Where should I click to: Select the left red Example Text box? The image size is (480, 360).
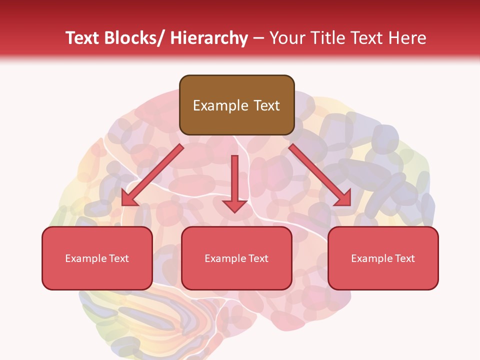tap(97, 258)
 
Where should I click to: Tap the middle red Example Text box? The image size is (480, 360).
tap(236, 258)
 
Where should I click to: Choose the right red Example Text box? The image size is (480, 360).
tap(383, 258)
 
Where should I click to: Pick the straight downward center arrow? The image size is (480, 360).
tap(234, 182)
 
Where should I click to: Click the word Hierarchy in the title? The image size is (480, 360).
tap(209, 38)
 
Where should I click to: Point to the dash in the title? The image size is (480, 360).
tap(258, 38)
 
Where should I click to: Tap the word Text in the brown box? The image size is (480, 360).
tap(265, 105)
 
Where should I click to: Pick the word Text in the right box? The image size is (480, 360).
tap(404, 258)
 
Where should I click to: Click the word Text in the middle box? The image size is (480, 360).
tap(257, 258)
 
